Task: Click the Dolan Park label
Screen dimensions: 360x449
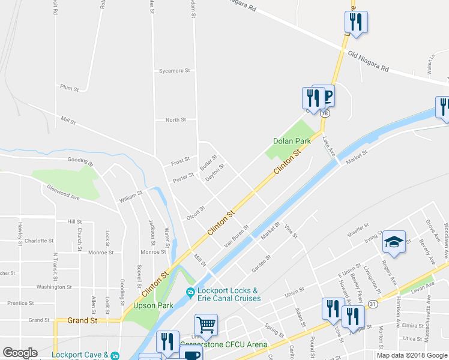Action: coord(292,141)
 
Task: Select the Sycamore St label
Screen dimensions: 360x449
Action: coord(174,71)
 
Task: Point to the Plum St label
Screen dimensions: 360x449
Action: coord(70,88)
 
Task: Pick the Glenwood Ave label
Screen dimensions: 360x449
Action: coord(64,191)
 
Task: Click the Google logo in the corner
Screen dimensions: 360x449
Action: coord(20,353)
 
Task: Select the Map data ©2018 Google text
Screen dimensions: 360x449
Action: coord(411,355)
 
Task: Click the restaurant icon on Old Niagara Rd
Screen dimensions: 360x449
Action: coord(355,22)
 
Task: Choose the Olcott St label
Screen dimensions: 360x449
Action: coord(196,212)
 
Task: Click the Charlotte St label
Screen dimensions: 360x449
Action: coord(40,241)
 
